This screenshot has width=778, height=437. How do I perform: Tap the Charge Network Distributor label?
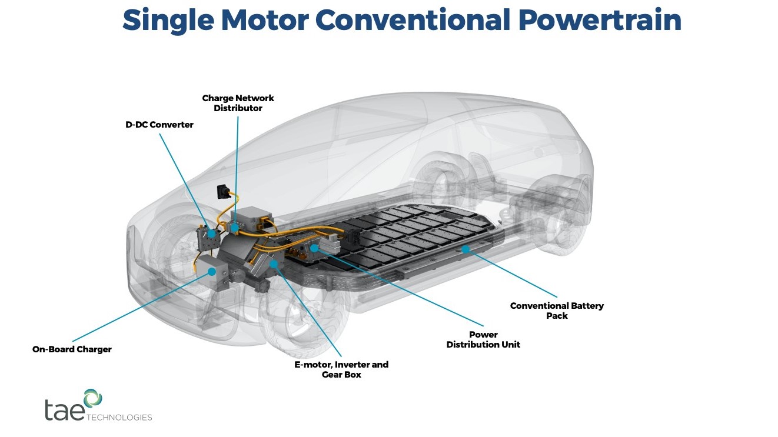click(x=238, y=103)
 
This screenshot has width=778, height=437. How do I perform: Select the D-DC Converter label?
click(x=159, y=125)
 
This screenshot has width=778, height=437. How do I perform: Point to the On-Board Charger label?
click(x=72, y=349)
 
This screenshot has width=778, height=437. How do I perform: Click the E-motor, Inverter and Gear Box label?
click(x=341, y=369)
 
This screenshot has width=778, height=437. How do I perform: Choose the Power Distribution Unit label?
click(x=483, y=339)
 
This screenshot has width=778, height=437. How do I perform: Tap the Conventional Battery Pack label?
click(x=557, y=311)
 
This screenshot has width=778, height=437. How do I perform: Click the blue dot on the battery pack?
click(x=466, y=249)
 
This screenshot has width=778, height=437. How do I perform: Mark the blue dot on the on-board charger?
click(x=212, y=271)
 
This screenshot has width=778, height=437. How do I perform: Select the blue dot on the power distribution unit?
click(x=315, y=248)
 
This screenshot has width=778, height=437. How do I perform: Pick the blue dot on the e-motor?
click(x=274, y=263)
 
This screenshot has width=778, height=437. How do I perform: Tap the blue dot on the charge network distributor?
click(x=235, y=226)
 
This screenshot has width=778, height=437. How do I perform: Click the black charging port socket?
click(x=223, y=191)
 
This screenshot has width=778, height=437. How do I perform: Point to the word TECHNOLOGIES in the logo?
click(x=119, y=418)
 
